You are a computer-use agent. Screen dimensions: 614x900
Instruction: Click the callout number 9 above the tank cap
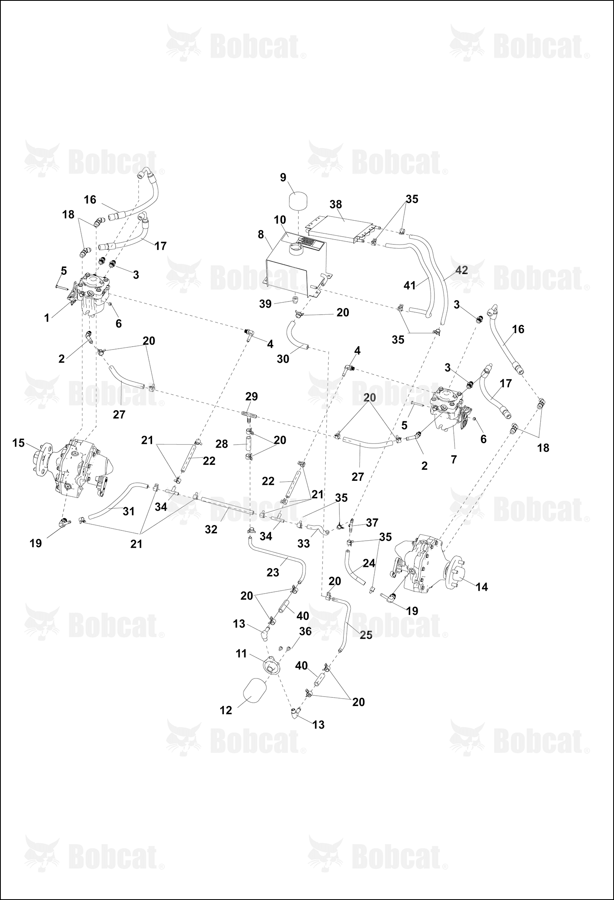click(283, 178)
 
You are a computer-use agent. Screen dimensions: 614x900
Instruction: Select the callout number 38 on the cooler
click(336, 205)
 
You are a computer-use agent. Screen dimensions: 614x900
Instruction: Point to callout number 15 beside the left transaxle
click(18, 443)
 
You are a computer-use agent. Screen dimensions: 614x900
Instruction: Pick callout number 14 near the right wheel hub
click(482, 587)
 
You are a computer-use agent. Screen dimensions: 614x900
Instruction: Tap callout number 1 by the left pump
click(47, 318)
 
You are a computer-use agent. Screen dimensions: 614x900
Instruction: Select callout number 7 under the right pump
click(454, 460)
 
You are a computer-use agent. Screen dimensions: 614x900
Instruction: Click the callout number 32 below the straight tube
click(211, 530)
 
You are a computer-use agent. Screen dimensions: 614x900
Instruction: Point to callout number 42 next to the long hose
click(462, 270)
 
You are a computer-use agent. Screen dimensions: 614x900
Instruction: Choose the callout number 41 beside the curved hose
click(410, 286)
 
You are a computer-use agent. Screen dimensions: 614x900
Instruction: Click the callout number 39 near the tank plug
click(266, 304)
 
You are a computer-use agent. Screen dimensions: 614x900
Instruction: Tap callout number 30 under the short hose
click(283, 359)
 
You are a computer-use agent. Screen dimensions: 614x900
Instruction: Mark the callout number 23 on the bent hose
click(273, 572)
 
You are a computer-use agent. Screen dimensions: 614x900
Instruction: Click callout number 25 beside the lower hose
click(366, 635)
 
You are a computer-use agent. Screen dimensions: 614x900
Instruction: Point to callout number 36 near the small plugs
click(305, 631)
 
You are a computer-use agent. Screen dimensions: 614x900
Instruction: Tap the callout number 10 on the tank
click(280, 220)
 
